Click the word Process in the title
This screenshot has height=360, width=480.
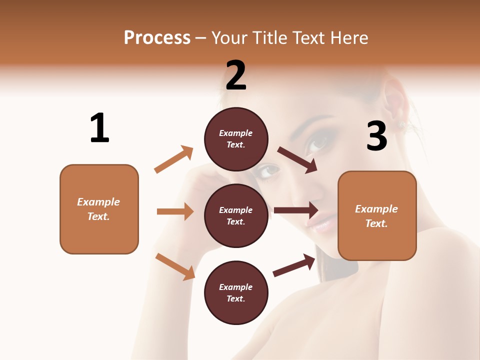157,38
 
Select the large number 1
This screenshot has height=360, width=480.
99,128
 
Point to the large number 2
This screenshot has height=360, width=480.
236,75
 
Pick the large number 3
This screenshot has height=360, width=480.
376,136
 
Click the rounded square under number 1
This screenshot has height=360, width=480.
99,209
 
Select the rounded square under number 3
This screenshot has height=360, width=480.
377,215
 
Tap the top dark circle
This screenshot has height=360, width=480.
236,139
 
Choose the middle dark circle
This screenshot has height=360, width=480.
236,215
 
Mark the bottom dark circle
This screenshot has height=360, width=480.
236,292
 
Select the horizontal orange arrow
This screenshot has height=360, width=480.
175,211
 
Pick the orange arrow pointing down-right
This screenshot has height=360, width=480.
175,266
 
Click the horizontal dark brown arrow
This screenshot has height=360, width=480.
296,210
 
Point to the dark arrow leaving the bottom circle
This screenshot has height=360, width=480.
294,265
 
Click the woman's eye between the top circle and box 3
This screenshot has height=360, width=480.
318,144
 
